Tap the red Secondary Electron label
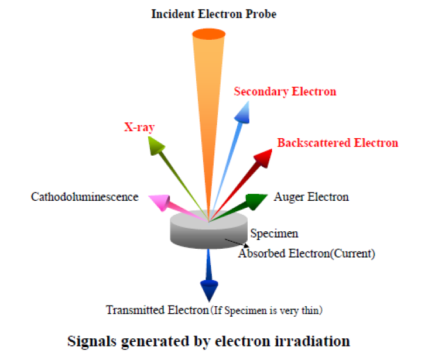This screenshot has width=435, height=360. pyautogui.click(x=285, y=91)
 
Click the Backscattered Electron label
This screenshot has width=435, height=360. pyautogui.click(x=338, y=143)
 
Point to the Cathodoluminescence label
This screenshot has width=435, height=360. pyautogui.click(x=84, y=197)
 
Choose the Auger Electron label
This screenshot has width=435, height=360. pyautogui.click(x=311, y=197)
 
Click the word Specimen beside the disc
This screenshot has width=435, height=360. pyautogui.click(x=275, y=234)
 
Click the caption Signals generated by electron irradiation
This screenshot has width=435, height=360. pyautogui.click(x=209, y=341)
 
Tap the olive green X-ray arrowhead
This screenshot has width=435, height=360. pyautogui.click(x=155, y=146)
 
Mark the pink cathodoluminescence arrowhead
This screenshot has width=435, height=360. pyautogui.click(x=160, y=203)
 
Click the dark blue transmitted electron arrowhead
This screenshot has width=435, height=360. pyautogui.click(x=209, y=290)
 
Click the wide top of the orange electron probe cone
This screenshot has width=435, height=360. pyautogui.click(x=208, y=32)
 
